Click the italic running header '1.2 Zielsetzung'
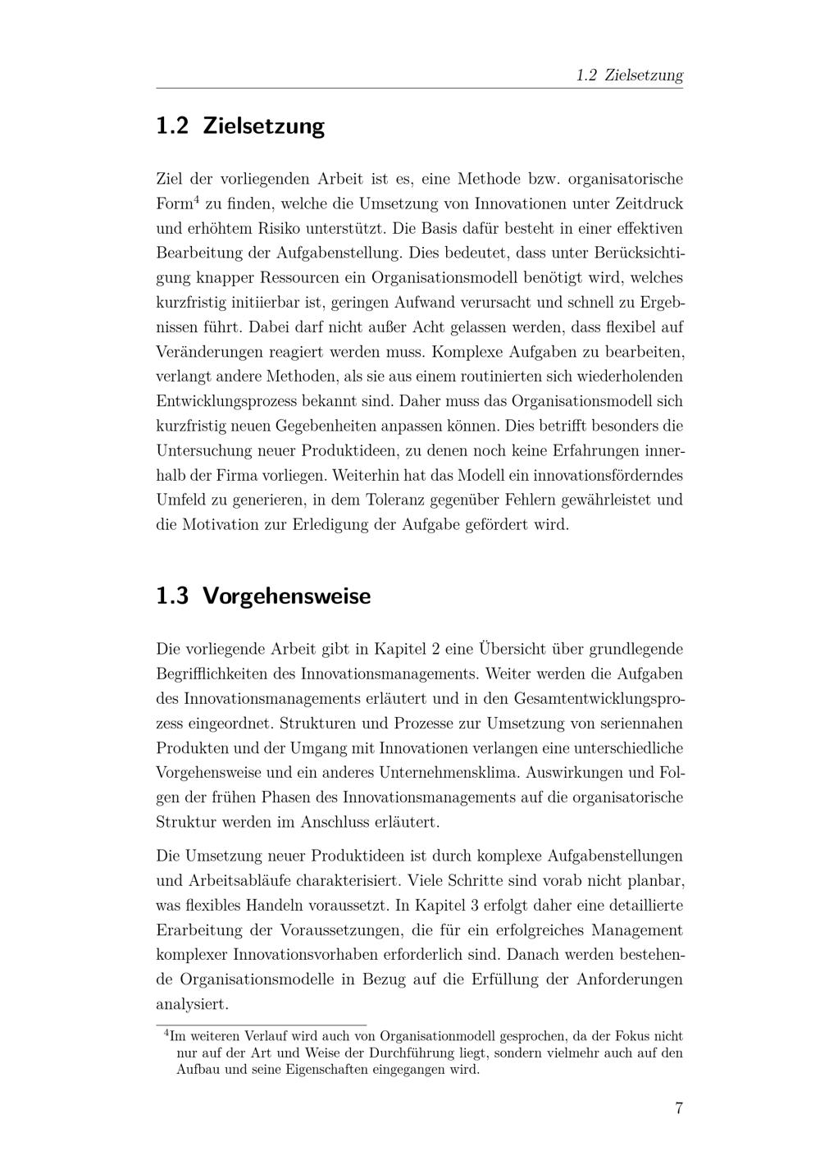629,75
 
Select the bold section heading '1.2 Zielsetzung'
240,126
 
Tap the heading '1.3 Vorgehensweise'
263,596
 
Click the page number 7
678,1108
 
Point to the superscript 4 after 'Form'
197,199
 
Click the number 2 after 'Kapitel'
435,650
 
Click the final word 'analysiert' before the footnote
192,1004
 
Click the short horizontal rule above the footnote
261,1025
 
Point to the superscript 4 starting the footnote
166,1033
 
